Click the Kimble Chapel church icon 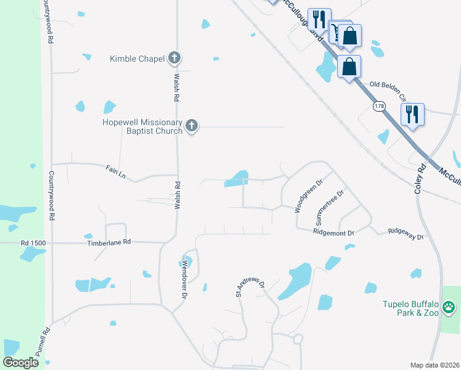(x=174, y=59)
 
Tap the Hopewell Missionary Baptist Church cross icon (x=191, y=126)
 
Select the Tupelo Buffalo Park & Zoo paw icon (x=449, y=306)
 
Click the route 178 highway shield (x=379, y=107)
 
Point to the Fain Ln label (x=116, y=171)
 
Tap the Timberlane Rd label (x=110, y=242)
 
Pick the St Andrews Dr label (x=250, y=290)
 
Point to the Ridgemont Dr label (x=333, y=233)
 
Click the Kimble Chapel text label (x=137, y=59)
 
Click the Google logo (x=20, y=363)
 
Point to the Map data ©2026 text (x=434, y=365)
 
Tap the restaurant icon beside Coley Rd (x=412, y=114)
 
